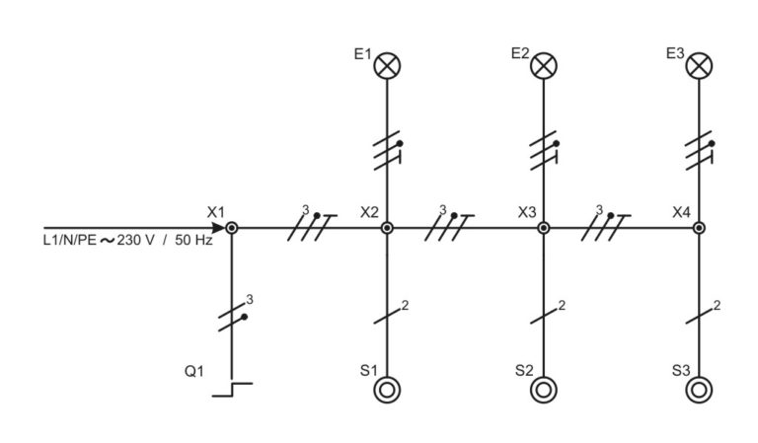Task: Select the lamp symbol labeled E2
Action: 544,65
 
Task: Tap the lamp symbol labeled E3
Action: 699,65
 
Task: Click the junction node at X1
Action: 230,227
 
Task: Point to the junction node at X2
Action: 387,227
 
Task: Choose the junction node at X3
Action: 544,227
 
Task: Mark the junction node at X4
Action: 699,227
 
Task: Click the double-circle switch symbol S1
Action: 387,390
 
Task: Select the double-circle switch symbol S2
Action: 544,390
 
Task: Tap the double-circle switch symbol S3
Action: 699,390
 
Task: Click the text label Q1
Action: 194,372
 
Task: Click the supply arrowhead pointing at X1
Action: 216,227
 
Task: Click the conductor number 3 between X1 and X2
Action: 305,210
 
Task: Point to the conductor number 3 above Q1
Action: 250,299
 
